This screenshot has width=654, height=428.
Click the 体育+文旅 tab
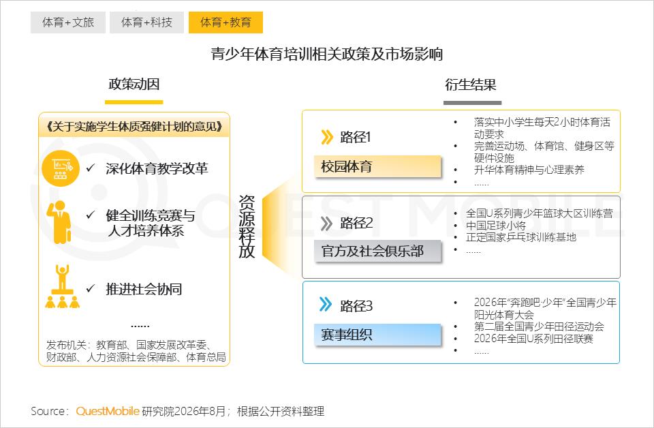(x=68, y=22)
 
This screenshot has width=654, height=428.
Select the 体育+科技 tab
(x=147, y=22)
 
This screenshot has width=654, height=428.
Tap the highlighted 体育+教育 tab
(x=225, y=22)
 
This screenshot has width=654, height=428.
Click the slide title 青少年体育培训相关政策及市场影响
(x=326, y=55)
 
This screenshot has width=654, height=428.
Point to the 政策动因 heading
(x=134, y=85)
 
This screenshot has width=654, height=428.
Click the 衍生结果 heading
(x=471, y=85)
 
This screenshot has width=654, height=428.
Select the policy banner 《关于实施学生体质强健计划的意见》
(x=134, y=126)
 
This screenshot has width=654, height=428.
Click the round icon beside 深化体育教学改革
(x=61, y=168)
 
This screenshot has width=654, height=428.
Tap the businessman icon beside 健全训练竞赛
(x=59, y=222)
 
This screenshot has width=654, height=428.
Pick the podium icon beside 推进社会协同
(x=62, y=286)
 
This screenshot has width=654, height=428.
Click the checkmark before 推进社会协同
(x=91, y=288)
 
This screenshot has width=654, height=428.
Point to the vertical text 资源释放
(x=247, y=226)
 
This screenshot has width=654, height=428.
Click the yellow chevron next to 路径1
(x=327, y=137)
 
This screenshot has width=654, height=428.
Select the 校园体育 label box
(x=377, y=167)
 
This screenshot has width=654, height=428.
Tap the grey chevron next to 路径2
(x=326, y=223)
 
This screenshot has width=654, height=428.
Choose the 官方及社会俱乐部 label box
(x=377, y=251)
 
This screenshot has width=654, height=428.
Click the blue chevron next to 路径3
(x=326, y=305)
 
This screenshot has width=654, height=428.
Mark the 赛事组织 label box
(x=377, y=335)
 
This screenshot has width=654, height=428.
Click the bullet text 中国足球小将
(x=495, y=226)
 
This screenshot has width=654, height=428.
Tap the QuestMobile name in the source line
(x=108, y=412)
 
